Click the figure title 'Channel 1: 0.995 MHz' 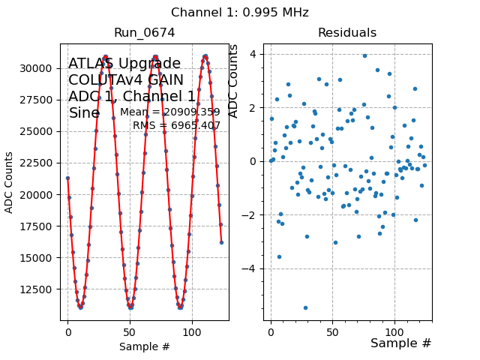240,13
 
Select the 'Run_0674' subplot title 144,33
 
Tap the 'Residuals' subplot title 346,33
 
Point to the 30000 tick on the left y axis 40,68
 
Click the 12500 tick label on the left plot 40,289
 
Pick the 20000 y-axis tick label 40,195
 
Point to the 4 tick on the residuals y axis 254,54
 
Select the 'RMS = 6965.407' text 176,125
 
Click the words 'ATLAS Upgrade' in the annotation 124,64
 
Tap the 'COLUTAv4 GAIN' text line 126,80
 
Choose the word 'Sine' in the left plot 84,113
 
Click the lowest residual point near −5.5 305,307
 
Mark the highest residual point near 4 365,55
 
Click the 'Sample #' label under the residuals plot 400,343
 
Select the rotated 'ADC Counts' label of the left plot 10,182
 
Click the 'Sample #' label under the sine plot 144,346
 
